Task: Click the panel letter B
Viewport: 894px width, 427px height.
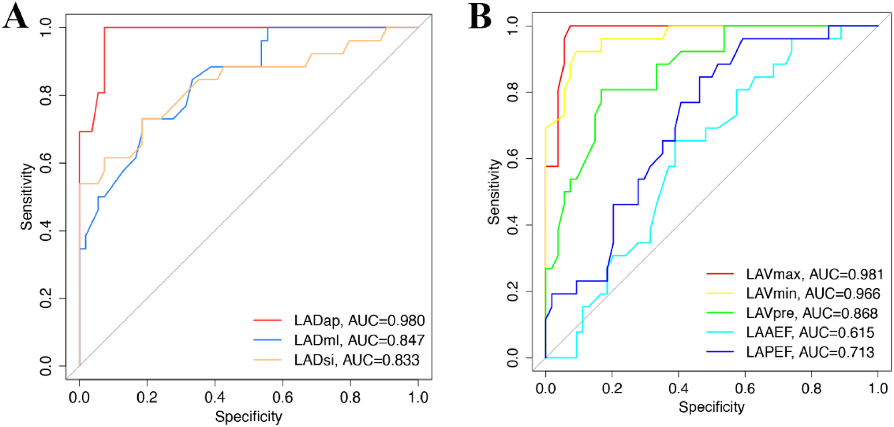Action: [x=480, y=17]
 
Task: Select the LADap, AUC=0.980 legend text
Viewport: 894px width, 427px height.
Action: [x=359, y=320]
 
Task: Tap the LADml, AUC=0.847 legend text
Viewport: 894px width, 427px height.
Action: [x=359, y=340]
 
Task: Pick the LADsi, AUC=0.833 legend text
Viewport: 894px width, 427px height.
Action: [x=356, y=360]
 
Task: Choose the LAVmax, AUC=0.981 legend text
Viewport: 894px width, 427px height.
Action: [x=814, y=274]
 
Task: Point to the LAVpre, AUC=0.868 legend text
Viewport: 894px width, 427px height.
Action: [x=812, y=313]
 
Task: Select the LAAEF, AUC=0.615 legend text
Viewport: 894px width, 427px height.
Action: [x=810, y=333]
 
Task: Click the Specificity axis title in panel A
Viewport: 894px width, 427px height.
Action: [x=249, y=417]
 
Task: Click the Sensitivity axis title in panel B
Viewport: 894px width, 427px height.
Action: [x=494, y=192]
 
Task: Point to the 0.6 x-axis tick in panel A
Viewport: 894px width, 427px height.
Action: [x=283, y=398]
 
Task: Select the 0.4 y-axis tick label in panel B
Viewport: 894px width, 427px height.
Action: [x=513, y=225]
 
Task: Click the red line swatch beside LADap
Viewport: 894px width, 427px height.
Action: [x=267, y=320]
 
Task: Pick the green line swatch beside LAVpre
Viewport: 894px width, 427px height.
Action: [x=720, y=313]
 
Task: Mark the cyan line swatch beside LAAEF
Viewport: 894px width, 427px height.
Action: [x=720, y=332]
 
